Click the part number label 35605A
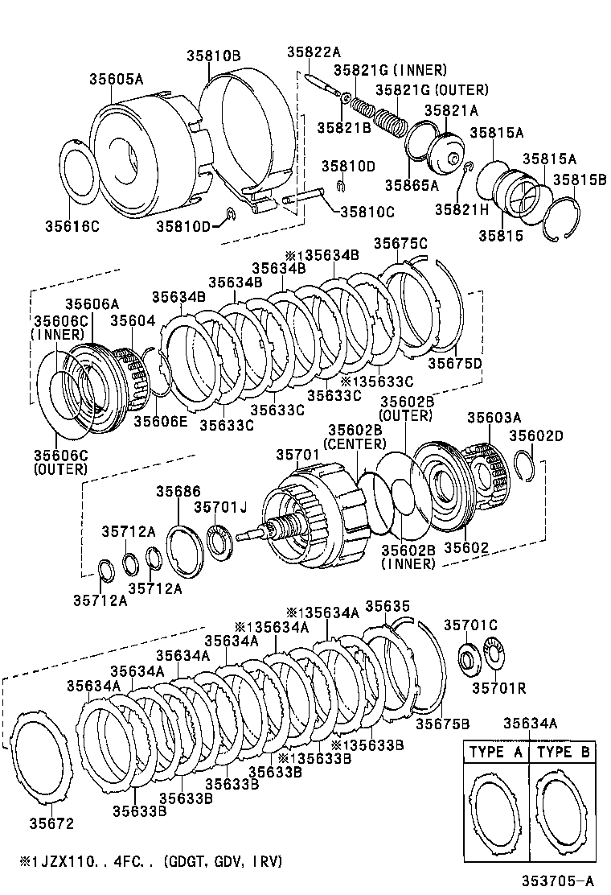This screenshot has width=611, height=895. [116, 79]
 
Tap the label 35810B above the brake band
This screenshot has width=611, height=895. [213, 56]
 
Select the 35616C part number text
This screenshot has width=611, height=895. [72, 226]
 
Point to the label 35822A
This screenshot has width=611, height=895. [314, 53]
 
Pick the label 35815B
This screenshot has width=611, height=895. [579, 179]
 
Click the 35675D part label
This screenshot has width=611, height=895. [454, 363]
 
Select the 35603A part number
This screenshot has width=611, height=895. [494, 417]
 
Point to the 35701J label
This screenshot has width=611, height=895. [219, 506]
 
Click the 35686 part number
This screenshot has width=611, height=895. [178, 491]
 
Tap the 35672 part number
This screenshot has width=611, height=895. [51, 823]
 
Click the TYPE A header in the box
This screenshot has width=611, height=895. [496, 753]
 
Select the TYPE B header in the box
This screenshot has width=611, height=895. [563, 753]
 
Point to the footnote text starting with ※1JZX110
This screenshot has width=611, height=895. [145, 861]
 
